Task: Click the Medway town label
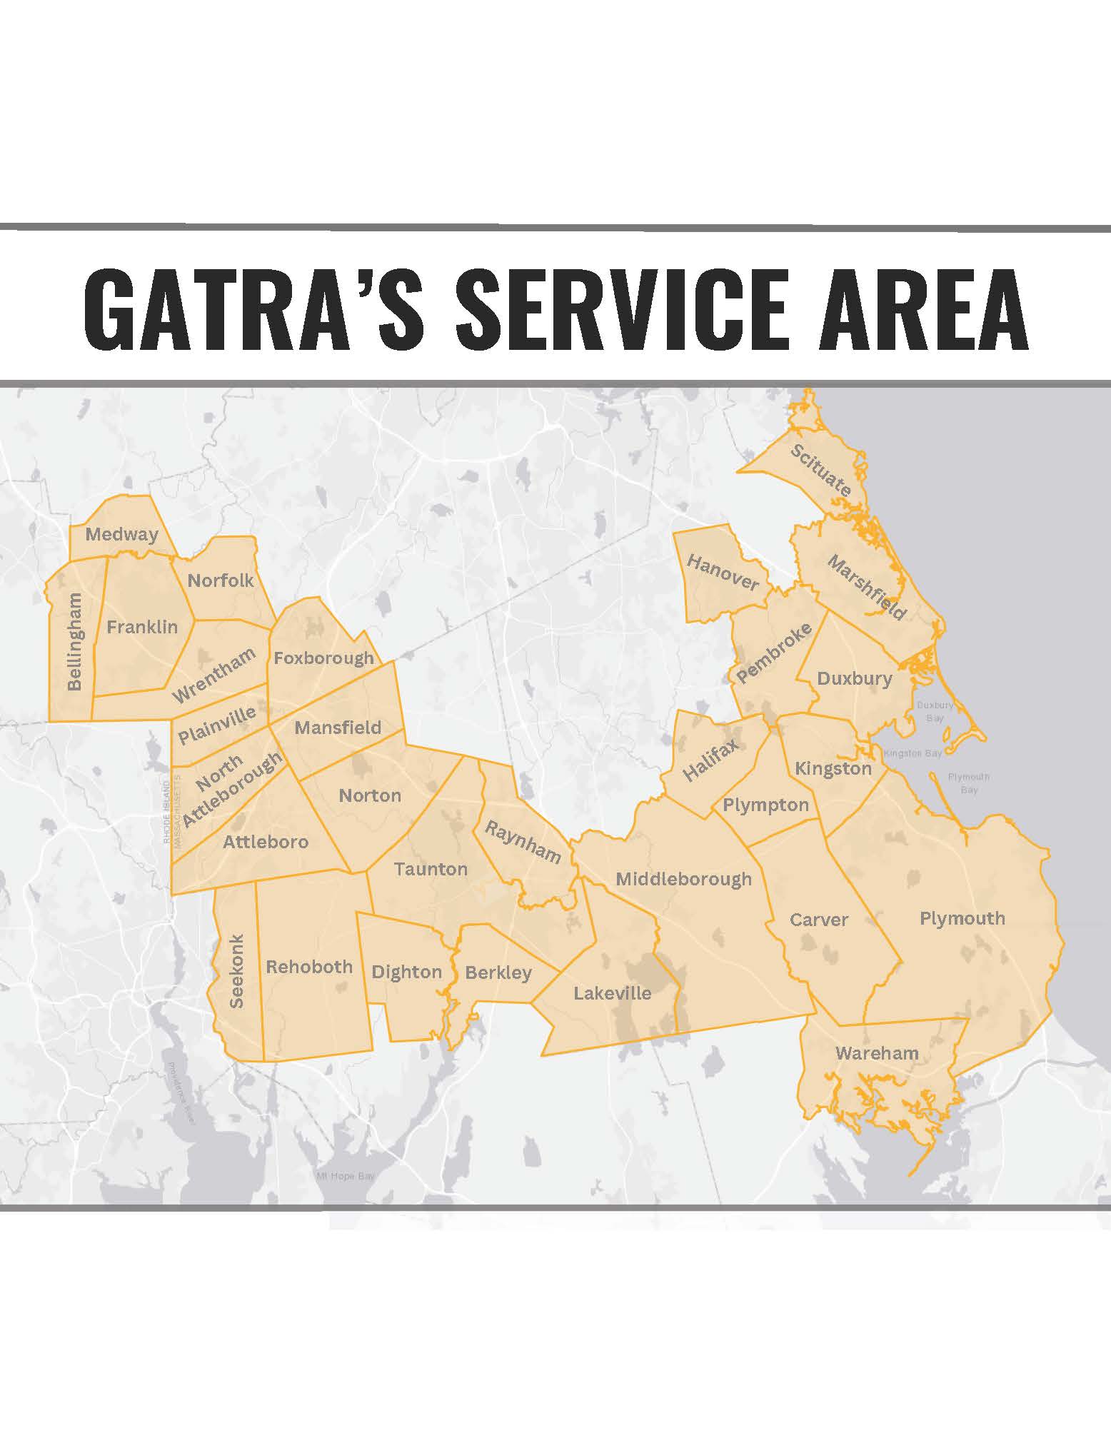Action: [121, 534]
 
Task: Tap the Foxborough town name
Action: [323, 658]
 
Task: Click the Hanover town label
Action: [723, 573]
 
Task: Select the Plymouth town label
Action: [962, 918]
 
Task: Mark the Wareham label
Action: [877, 1052]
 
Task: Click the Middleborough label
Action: [683, 879]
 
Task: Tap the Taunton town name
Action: [431, 869]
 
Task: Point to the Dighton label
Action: [406, 972]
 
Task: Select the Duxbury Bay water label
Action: [935, 711]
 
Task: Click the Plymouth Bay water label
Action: [968, 783]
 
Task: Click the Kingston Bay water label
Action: [913, 753]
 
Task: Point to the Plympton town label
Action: [765, 805]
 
